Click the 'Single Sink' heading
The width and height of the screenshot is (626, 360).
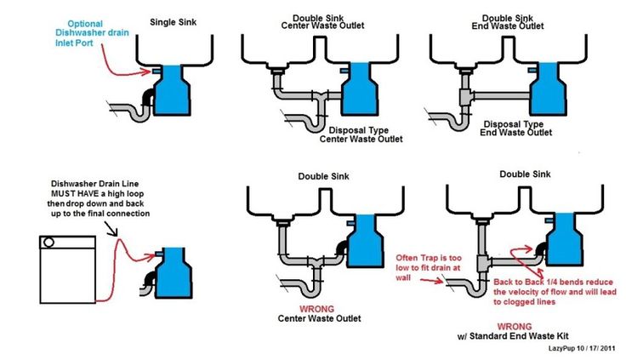click(176, 20)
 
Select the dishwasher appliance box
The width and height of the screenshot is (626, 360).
click(68, 268)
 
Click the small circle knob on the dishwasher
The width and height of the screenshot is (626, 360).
click(49, 243)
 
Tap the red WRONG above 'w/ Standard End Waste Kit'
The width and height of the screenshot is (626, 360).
click(515, 326)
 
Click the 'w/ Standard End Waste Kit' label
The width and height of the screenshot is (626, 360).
click(515, 337)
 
